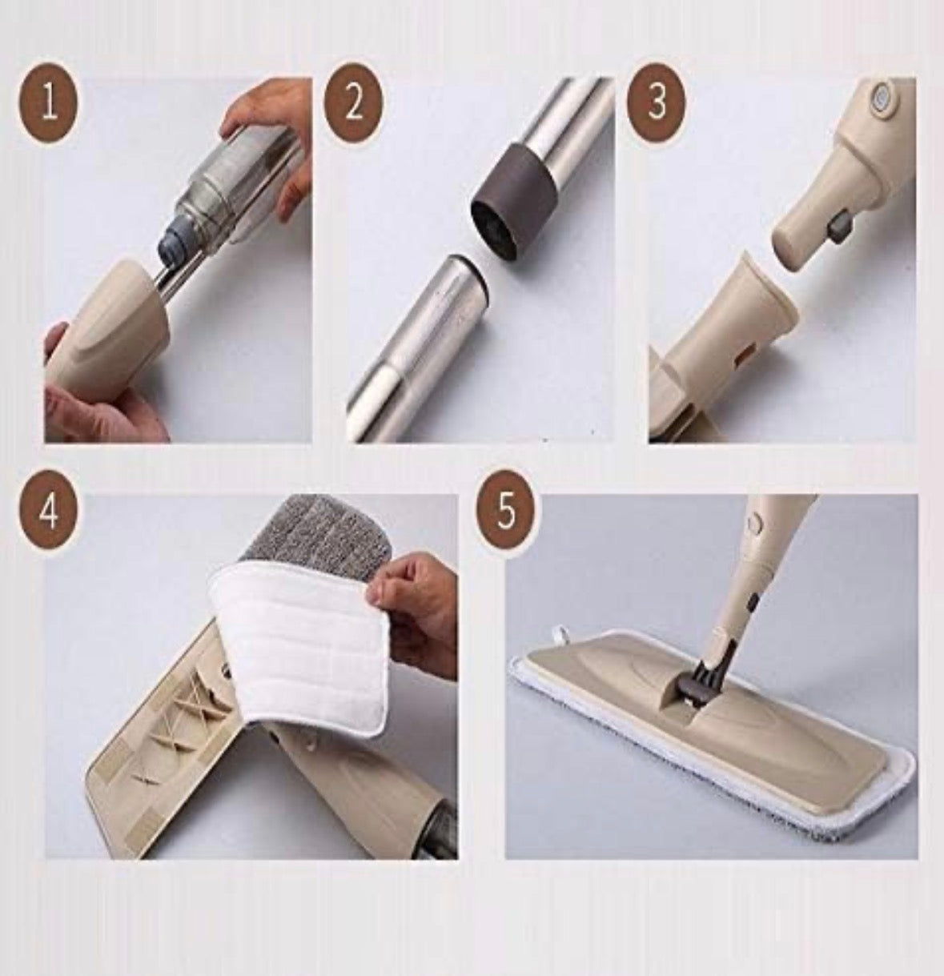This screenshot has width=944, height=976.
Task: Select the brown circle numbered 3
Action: click(x=657, y=102)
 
